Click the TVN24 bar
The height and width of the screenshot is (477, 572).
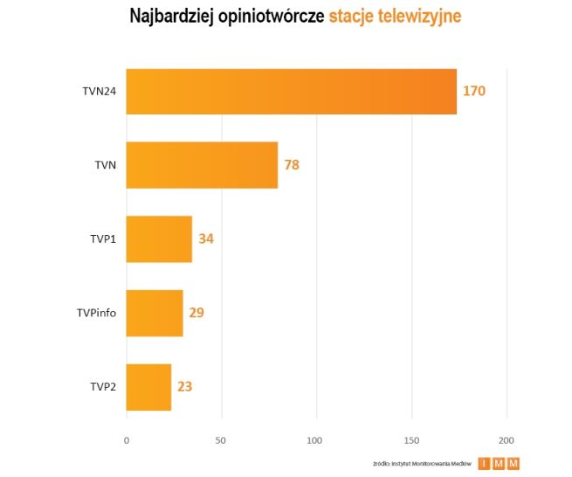pyautogui.click(x=291, y=92)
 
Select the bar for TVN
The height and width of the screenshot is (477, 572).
pyautogui.click(x=202, y=165)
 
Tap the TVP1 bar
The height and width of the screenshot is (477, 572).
pyautogui.click(x=159, y=238)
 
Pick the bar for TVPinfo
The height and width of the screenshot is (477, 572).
pyautogui.click(x=155, y=313)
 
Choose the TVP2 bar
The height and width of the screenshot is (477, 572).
pyautogui.click(x=148, y=386)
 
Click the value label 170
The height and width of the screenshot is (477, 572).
pyautogui.click(x=474, y=91)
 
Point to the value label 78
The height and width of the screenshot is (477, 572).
pyautogui.click(x=291, y=164)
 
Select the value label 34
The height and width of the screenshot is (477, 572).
pyautogui.click(x=206, y=238)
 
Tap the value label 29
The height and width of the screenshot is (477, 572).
pyautogui.click(x=196, y=312)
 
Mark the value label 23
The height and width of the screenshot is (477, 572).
pyautogui.click(x=184, y=386)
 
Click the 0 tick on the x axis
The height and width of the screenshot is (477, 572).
pyautogui.click(x=127, y=438)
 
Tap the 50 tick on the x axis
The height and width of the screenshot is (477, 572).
pyautogui.click(x=222, y=438)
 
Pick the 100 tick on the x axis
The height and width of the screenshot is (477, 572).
pyautogui.click(x=316, y=438)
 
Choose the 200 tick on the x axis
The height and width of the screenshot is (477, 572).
pyautogui.click(x=506, y=438)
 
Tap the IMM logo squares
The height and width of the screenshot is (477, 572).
pyautogui.click(x=498, y=464)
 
